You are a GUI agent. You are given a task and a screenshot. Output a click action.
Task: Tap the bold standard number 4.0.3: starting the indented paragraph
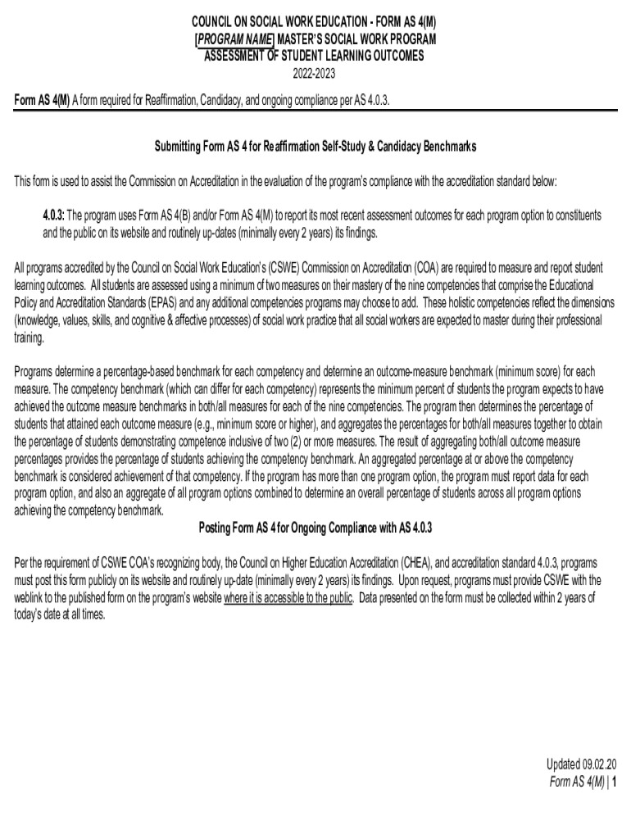pos(54,215)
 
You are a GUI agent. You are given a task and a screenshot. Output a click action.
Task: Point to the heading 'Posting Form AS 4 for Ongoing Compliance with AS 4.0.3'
pos(315,527)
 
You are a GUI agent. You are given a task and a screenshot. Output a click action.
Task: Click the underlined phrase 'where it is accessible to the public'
pos(288,597)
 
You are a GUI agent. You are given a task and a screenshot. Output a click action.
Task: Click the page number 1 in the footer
pos(614,782)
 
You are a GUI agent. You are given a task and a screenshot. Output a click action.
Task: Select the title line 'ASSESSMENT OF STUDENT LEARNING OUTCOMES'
pos(315,57)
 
